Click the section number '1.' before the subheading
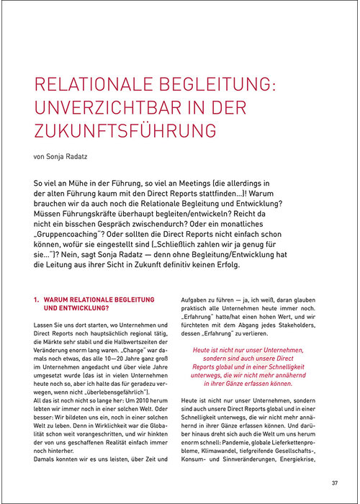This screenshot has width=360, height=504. pyautogui.click(x=37, y=297)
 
